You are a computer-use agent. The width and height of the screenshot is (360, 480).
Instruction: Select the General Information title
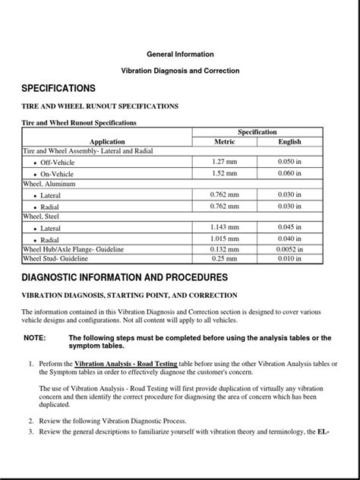click(x=180, y=55)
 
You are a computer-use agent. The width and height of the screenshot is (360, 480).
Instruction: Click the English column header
click(x=289, y=141)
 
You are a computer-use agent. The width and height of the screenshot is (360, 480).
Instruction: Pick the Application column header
click(x=107, y=141)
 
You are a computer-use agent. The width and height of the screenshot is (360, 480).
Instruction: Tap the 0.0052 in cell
click(x=289, y=249)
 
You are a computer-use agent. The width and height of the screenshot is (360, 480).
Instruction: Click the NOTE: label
click(x=35, y=337)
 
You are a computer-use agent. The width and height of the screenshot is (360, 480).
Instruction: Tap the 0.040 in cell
click(x=289, y=238)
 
